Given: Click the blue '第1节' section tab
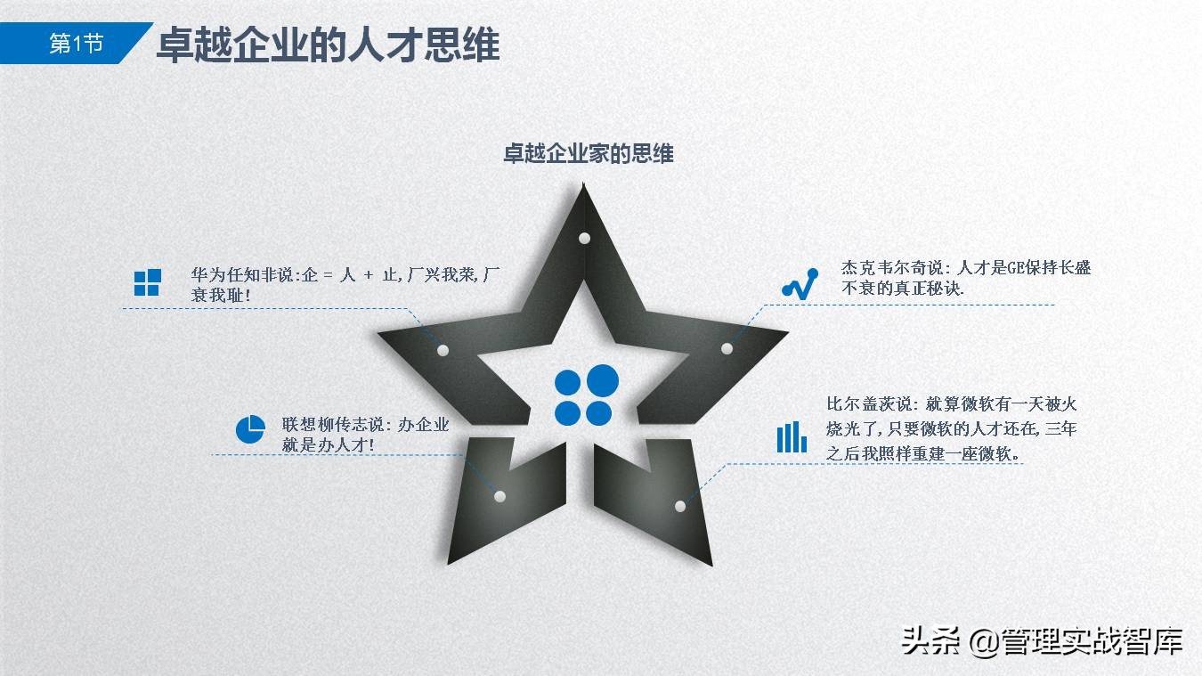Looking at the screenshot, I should pyautogui.click(x=75, y=44).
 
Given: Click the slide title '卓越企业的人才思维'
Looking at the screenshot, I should pyautogui.click(x=328, y=45).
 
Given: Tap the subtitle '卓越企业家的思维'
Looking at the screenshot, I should pyautogui.click(x=589, y=153).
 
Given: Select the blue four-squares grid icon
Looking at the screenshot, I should pyautogui.click(x=147, y=282).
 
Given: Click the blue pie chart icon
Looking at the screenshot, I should pyautogui.click(x=250, y=428).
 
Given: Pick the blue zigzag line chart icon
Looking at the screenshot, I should pyautogui.click(x=800, y=282).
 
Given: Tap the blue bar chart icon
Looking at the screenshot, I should pyautogui.click(x=791, y=436).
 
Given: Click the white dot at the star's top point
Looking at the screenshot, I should pyautogui.click(x=584, y=238).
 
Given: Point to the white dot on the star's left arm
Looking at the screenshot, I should pyautogui.click(x=443, y=350).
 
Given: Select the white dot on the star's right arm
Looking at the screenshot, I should pyautogui.click(x=727, y=348).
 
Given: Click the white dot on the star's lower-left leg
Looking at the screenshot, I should pyautogui.click(x=499, y=496).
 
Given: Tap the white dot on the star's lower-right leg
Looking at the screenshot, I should pyautogui.click(x=680, y=506).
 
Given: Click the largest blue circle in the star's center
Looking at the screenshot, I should pyautogui.click(x=603, y=380).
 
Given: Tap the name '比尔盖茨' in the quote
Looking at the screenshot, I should pyautogui.click(x=855, y=404).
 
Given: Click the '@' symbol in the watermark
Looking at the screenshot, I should pyautogui.click(x=982, y=641).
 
